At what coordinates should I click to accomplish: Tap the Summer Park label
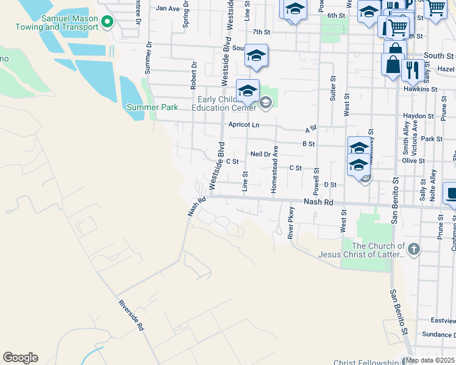click(x=152, y=108)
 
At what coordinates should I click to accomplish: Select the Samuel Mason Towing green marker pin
click(x=107, y=23)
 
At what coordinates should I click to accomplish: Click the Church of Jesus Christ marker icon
click(x=413, y=248)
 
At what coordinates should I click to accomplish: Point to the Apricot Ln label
click(x=244, y=125)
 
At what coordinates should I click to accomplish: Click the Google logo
click(x=20, y=358)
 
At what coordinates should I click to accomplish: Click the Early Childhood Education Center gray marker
click(x=265, y=102)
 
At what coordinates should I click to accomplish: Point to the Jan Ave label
click(x=168, y=9)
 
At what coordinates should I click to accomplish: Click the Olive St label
click(x=413, y=161)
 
